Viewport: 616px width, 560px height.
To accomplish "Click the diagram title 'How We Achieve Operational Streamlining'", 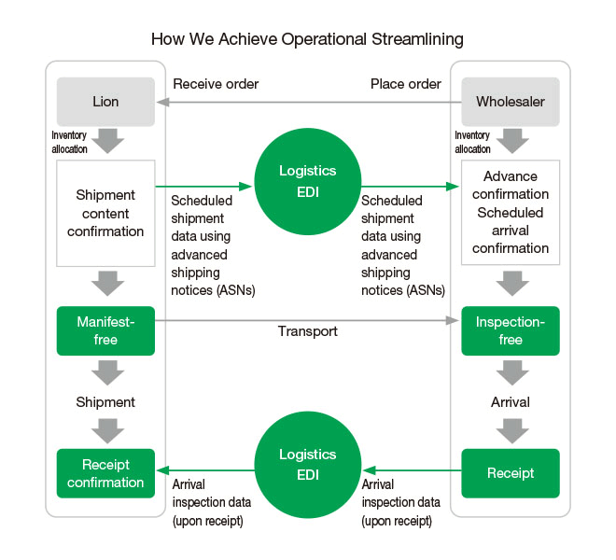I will coord(307,39).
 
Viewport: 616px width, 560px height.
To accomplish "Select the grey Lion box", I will coord(105,102).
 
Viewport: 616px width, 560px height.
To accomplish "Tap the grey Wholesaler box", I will coord(511,102).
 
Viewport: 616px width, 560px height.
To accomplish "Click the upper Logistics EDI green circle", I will coord(308,181).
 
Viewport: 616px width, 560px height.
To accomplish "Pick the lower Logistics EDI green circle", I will coord(308,464).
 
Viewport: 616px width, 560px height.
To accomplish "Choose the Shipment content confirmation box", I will coord(105,213).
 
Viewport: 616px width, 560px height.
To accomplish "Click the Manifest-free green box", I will coord(105,330).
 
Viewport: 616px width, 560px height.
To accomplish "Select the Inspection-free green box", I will coord(511,330).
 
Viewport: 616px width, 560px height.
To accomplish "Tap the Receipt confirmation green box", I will coord(105,473).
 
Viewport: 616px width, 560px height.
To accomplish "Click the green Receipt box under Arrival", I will coord(511,473).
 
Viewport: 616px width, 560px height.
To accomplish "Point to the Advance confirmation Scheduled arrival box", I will coord(511,213).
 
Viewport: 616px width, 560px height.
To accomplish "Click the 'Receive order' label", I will coord(216,84).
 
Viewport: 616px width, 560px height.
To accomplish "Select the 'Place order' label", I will coord(406,84).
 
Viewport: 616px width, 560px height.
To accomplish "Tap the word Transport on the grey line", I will coord(308,331).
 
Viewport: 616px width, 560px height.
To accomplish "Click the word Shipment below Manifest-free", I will coord(105,402).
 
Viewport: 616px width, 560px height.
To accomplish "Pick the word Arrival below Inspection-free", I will coord(511,402).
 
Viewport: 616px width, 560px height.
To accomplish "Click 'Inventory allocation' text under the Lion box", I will coord(69,142).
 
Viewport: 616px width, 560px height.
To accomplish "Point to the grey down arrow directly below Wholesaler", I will coord(511,142).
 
